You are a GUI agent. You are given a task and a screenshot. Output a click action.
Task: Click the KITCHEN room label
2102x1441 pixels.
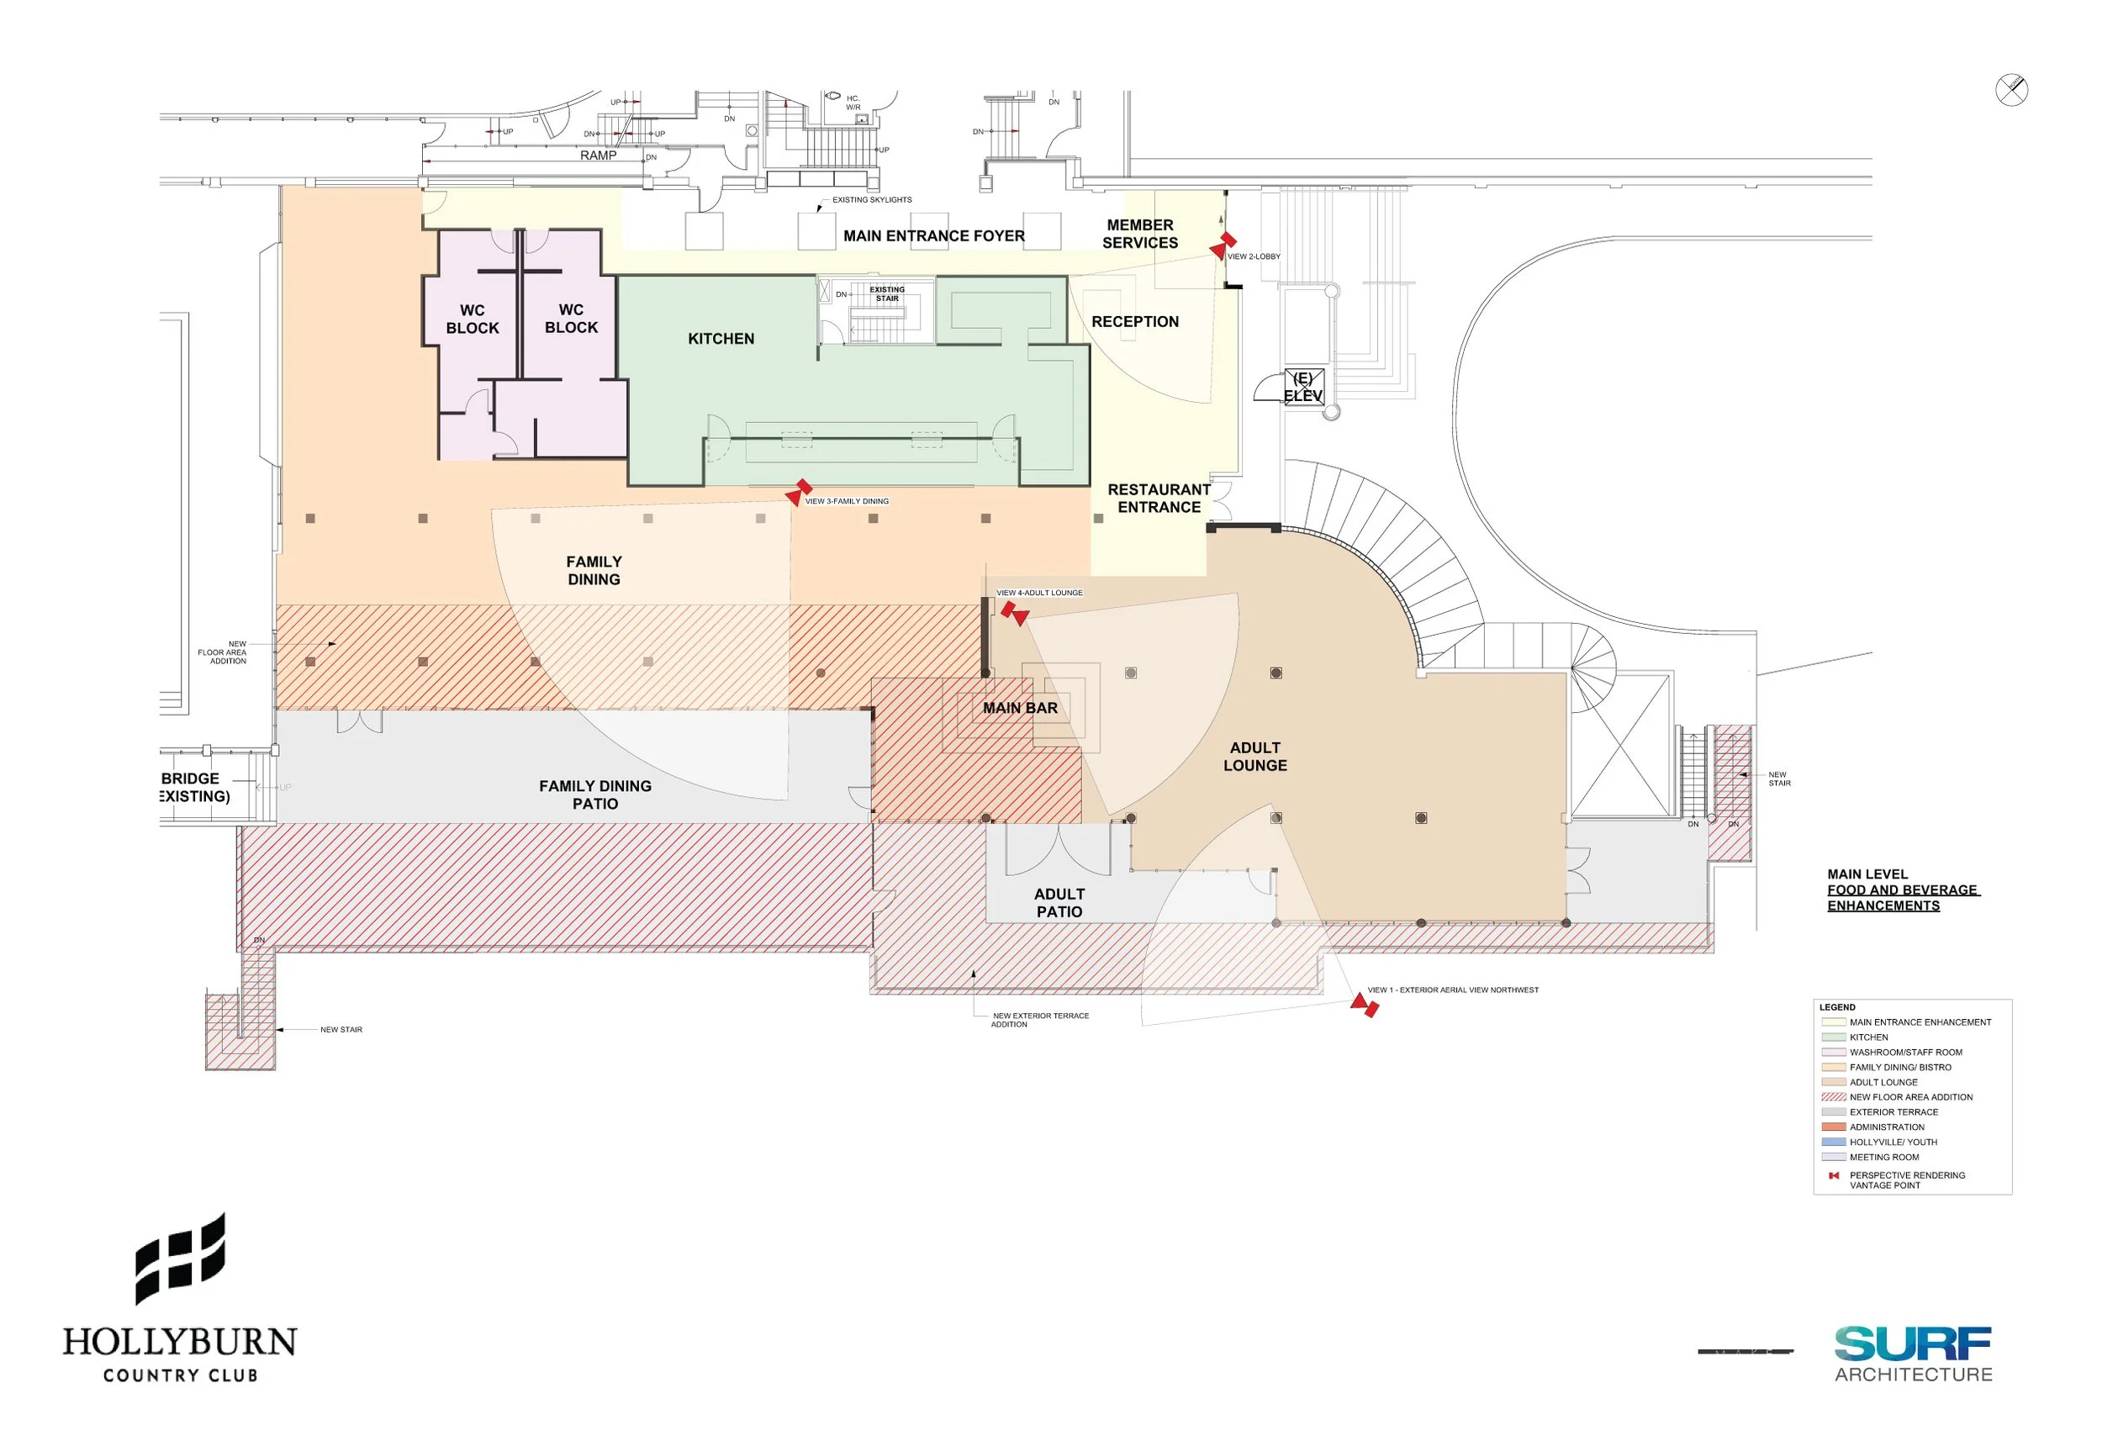tap(720, 338)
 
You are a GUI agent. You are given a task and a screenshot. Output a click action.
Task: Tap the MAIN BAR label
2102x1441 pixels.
tap(1019, 707)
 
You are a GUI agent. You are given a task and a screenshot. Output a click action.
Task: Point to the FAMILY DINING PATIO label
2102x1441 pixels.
tap(594, 794)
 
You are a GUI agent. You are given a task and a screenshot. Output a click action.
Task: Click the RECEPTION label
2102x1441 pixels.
tap(1134, 321)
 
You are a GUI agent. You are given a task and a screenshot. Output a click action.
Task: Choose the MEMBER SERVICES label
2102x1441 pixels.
tap(1138, 234)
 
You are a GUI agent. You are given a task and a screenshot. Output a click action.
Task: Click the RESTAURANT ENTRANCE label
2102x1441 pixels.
tap(1158, 498)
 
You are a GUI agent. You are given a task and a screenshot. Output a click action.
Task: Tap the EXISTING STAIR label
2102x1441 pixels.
tap(886, 293)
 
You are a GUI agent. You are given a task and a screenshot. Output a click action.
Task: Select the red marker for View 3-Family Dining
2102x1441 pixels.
tap(798, 492)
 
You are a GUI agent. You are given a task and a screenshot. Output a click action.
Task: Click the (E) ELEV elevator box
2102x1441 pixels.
tap(1303, 386)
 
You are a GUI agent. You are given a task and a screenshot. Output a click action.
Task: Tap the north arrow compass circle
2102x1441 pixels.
tap(2010, 90)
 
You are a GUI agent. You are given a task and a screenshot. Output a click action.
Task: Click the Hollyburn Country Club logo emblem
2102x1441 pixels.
tap(180, 1258)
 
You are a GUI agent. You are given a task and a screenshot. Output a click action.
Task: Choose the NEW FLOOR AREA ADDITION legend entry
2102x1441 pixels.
tap(1909, 1096)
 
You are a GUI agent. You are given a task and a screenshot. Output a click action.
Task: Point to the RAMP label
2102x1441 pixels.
tap(597, 155)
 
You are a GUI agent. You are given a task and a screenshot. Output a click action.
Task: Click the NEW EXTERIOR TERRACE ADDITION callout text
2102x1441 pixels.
tap(1039, 1020)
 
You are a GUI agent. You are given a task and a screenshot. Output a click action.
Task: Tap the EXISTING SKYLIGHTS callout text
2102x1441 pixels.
tap(871, 199)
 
